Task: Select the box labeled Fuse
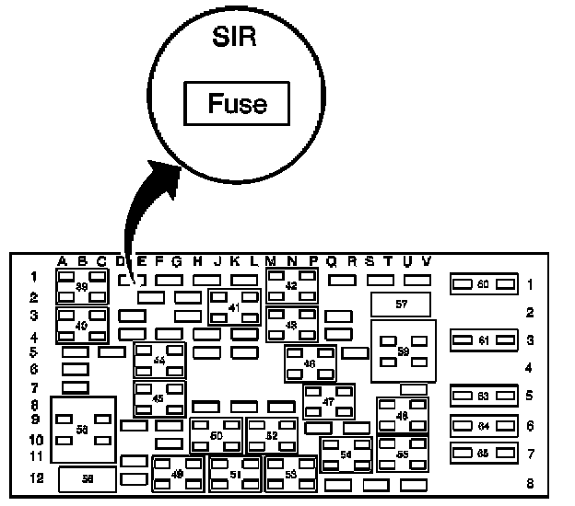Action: (x=238, y=103)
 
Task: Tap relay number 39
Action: (x=82, y=287)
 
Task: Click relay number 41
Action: (x=234, y=307)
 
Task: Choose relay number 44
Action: (x=159, y=361)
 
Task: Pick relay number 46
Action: (x=310, y=363)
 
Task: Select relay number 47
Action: (x=329, y=401)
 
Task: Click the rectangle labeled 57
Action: (x=401, y=303)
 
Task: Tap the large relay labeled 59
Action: (x=403, y=351)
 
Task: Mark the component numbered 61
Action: (x=482, y=340)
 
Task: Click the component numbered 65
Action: (x=482, y=453)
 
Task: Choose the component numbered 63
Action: (x=482, y=397)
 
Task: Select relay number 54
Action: (x=346, y=454)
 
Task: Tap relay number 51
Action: (x=234, y=475)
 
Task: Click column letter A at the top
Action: (x=63, y=261)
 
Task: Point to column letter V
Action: (x=425, y=261)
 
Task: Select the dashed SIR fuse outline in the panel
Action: (x=127, y=279)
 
